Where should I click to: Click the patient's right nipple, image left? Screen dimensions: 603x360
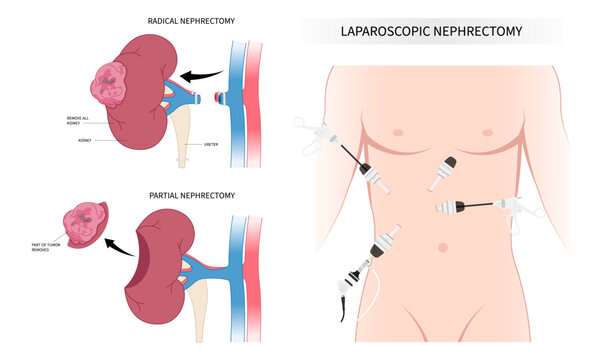399,133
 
